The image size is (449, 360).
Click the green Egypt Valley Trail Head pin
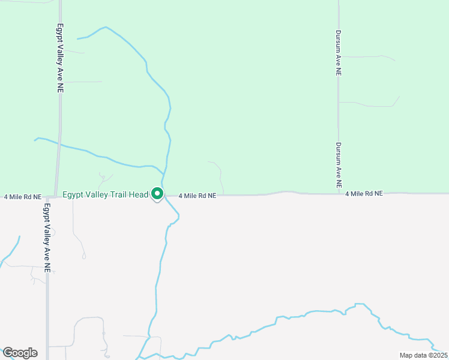[x=157, y=194]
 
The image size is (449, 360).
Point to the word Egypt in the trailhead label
[x=73, y=194]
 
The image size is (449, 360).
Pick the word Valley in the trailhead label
[x=95, y=194]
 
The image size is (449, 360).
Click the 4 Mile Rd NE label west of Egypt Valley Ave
[x=22, y=197]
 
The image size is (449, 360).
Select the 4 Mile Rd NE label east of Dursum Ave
[x=364, y=194]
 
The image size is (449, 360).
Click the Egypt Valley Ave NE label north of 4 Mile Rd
[x=60, y=58]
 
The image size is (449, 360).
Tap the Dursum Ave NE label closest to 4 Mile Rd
[x=339, y=166]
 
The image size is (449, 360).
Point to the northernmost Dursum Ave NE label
[x=339, y=53]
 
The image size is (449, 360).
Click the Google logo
[x=20, y=353]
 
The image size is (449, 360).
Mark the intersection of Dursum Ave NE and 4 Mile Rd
[x=338, y=194]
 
